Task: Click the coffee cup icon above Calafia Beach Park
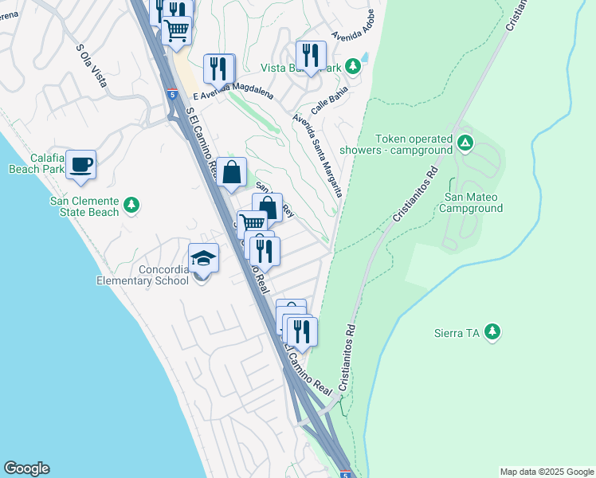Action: [x=81, y=165]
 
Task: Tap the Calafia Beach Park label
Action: [x=37, y=163]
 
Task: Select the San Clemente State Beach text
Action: [x=84, y=206]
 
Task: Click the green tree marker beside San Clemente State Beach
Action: [x=132, y=206]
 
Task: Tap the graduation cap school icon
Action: [x=203, y=258]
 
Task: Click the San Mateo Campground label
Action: [x=473, y=202]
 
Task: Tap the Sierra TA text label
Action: [x=455, y=331]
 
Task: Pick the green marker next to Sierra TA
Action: [x=492, y=331]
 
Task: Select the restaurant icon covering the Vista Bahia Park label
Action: [x=311, y=55]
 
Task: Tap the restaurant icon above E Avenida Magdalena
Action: [x=218, y=69]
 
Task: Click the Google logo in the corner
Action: [x=26, y=468]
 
